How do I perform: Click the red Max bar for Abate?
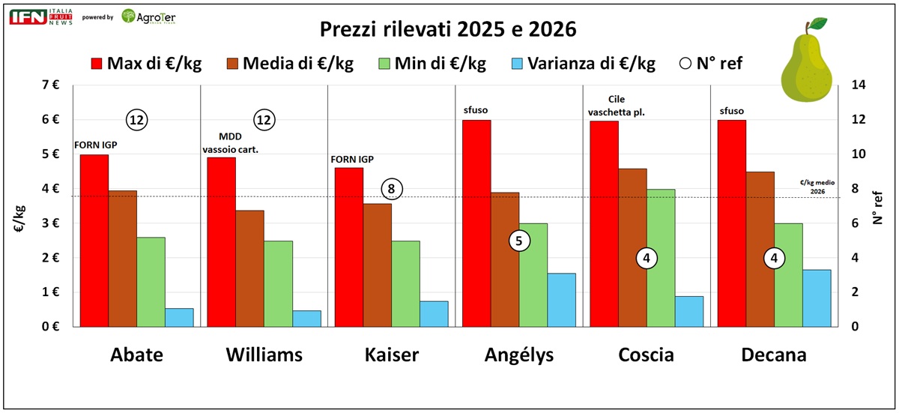(x=94, y=241)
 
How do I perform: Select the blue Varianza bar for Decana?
(x=817, y=298)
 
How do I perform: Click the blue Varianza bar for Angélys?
(x=562, y=300)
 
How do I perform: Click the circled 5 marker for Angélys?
(x=519, y=241)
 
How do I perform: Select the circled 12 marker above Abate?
(x=136, y=119)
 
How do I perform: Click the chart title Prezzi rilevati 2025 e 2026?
(x=448, y=29)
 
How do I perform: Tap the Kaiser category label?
(x=392, y=355)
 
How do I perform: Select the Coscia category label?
(x=647, y=355)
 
